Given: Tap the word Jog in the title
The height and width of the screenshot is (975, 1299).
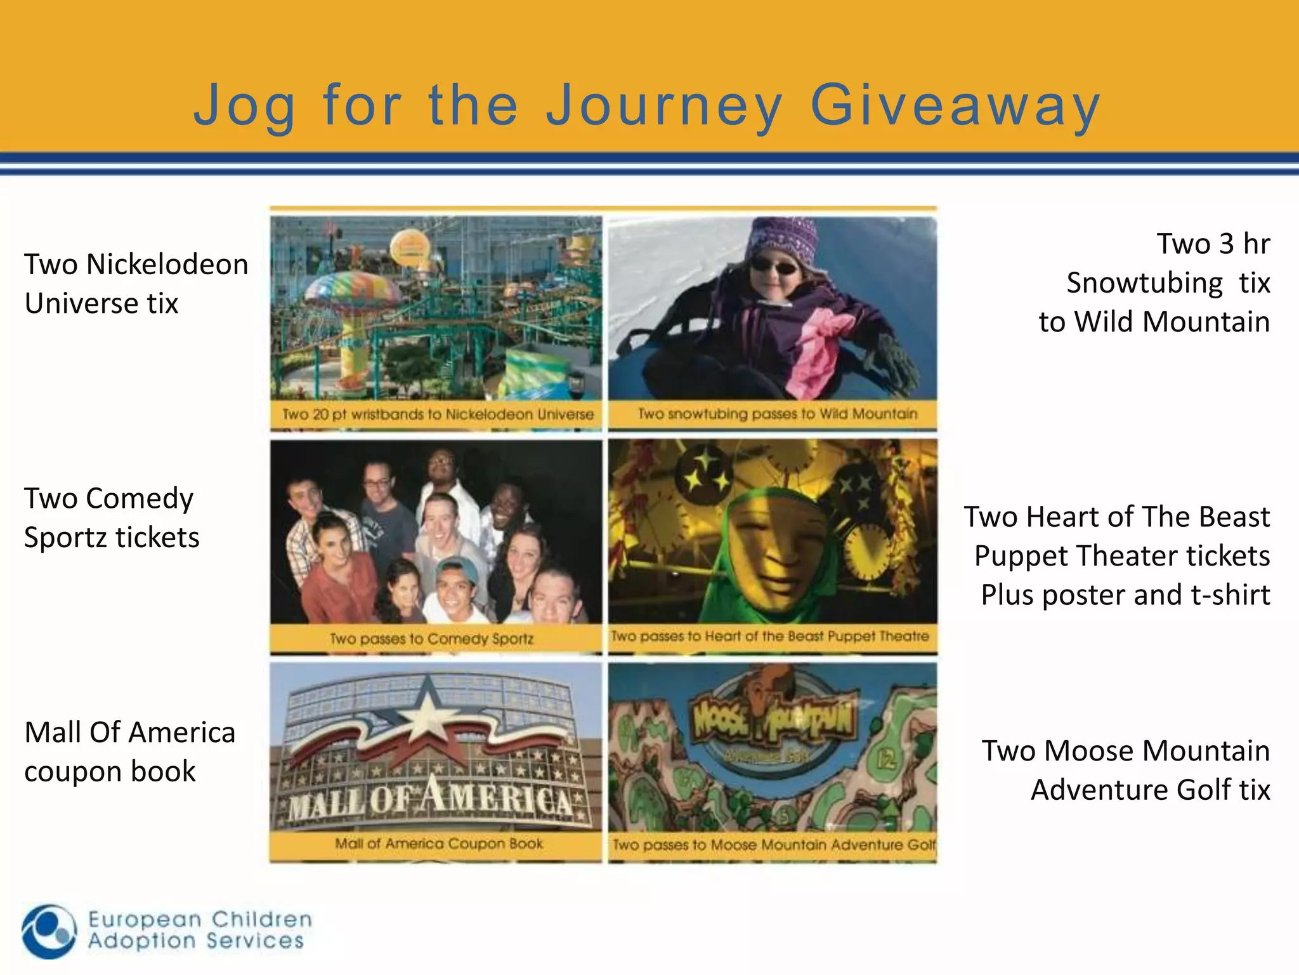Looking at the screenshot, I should click(x=244, y=106).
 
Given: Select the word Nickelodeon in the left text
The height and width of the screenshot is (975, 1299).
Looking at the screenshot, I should click(x=167, y=265).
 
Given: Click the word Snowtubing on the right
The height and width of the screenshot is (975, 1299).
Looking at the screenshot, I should click(x=1144, y=283).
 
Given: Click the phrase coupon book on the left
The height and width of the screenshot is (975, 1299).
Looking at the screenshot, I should click(x=110, y=772).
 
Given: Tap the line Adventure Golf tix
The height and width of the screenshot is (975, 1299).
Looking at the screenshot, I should click(x=1150, y=790).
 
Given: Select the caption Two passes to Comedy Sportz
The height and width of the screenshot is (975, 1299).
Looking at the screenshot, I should click(x=432, y=639).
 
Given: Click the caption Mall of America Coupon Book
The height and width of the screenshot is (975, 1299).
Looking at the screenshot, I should click(x=439, y=844).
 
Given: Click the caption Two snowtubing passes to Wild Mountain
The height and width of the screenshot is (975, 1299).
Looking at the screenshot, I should click(x=777, y=414).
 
